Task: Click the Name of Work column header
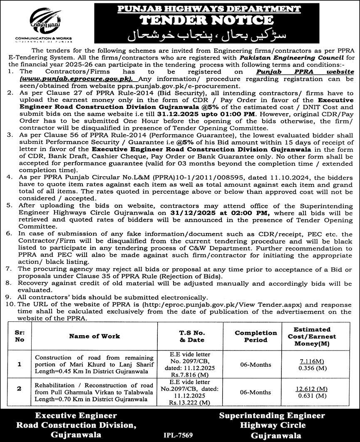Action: [94, 336]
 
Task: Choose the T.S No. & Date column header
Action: [186, 336]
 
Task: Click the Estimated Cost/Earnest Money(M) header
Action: [315, 336]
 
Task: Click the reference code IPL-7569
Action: [180, 434]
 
